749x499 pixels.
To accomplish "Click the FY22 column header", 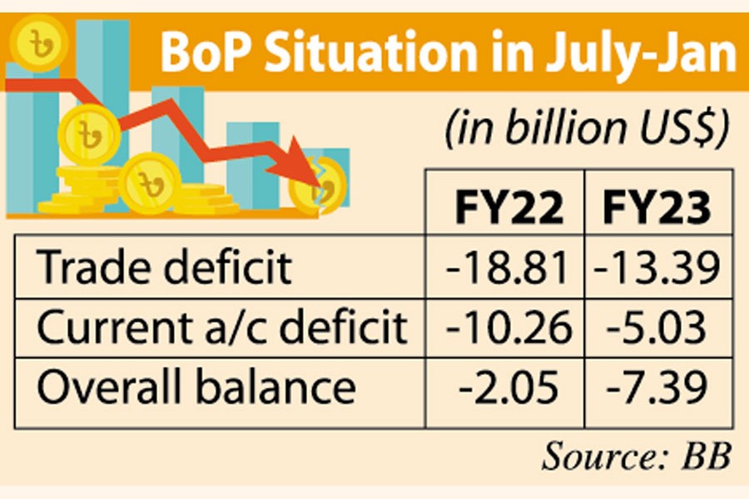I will pyautogui.click(x=508, y=210).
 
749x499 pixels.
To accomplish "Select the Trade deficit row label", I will pyautogui.click(x=166, y=268).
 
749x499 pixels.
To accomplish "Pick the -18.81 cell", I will pyautogui.click(x=508, y=268).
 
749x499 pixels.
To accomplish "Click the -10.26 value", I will pyautogui.click(x=508, y=328).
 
